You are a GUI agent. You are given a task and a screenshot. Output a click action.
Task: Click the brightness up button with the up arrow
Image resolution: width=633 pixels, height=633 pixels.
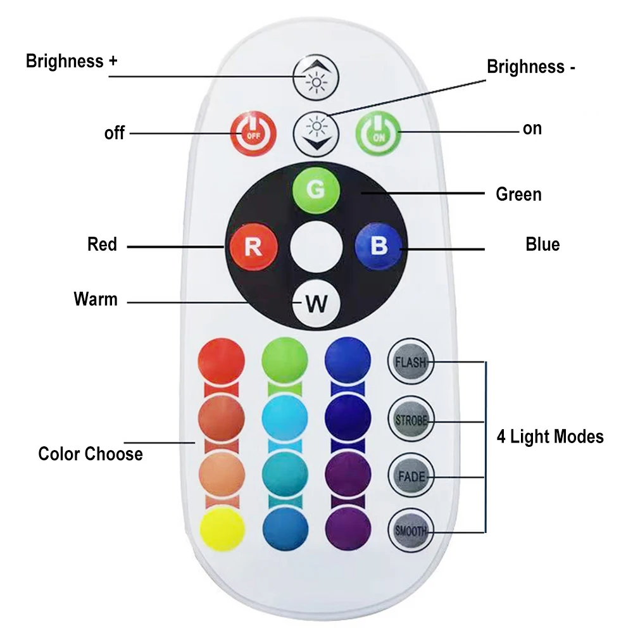pyautogui.click(x=316, y=77)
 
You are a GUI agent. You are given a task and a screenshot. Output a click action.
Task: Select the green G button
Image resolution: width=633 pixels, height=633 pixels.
pyautogui.click(x=316, y=188)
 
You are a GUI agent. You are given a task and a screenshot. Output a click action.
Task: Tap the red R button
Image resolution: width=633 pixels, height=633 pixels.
pyautogui.click(x=253, y=246)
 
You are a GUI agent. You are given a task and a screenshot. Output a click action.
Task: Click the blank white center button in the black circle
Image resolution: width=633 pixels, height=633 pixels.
pyautogui.click(x=316, y=246)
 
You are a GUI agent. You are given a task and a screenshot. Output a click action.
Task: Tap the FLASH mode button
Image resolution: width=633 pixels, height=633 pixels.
pyautogui.click(x=410, y=362)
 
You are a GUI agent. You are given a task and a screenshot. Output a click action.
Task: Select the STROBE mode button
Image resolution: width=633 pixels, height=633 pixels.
pyautogui.click(x=410, y=420)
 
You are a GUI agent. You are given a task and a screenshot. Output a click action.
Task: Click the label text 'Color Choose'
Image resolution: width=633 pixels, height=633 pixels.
pyautogui.click(x=91, y=454)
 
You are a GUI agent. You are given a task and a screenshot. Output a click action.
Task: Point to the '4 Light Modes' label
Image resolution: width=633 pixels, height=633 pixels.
pyautogui.click(x=549, y=436)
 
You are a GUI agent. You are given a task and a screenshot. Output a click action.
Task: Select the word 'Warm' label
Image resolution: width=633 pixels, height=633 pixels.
pyautogui.click(x=96, y=299)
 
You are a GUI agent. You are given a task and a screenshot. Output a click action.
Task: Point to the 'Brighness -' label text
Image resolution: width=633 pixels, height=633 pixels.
pyautogui.click(x=530, y=66)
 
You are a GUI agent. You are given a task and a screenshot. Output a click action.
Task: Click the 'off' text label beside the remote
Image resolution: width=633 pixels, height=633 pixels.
pyautogui.click(x=115, y=134)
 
